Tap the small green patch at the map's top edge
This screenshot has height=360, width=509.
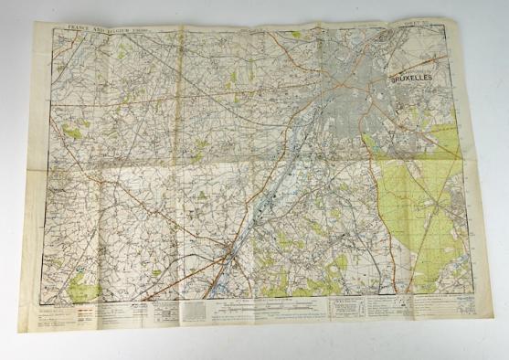tap(293, 35)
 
